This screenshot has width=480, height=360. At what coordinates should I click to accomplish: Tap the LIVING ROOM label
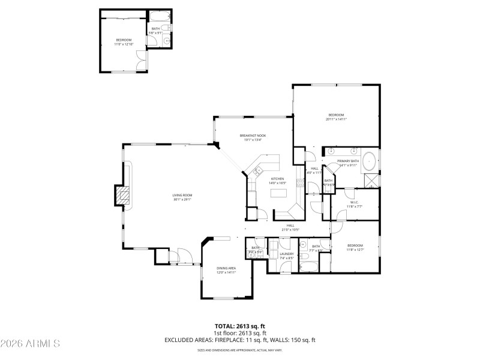182,195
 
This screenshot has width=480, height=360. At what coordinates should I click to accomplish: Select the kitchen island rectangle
278,193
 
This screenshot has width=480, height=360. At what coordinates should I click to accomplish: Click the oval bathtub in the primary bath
370,163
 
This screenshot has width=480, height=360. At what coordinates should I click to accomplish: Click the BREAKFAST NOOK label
253,136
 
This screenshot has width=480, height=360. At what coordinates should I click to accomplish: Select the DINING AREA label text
226,268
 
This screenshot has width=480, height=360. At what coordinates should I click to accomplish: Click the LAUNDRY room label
286,254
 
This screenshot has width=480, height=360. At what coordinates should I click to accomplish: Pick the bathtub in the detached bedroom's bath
160,16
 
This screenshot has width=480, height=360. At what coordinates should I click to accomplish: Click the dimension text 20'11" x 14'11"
336,119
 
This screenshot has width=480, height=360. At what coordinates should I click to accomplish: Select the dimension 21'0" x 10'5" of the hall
290,230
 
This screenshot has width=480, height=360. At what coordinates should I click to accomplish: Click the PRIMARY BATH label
347,161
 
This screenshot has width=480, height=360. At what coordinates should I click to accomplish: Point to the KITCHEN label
277,179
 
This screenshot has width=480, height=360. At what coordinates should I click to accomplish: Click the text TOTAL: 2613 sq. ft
240,326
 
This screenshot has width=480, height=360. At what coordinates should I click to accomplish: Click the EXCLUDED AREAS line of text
240,340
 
